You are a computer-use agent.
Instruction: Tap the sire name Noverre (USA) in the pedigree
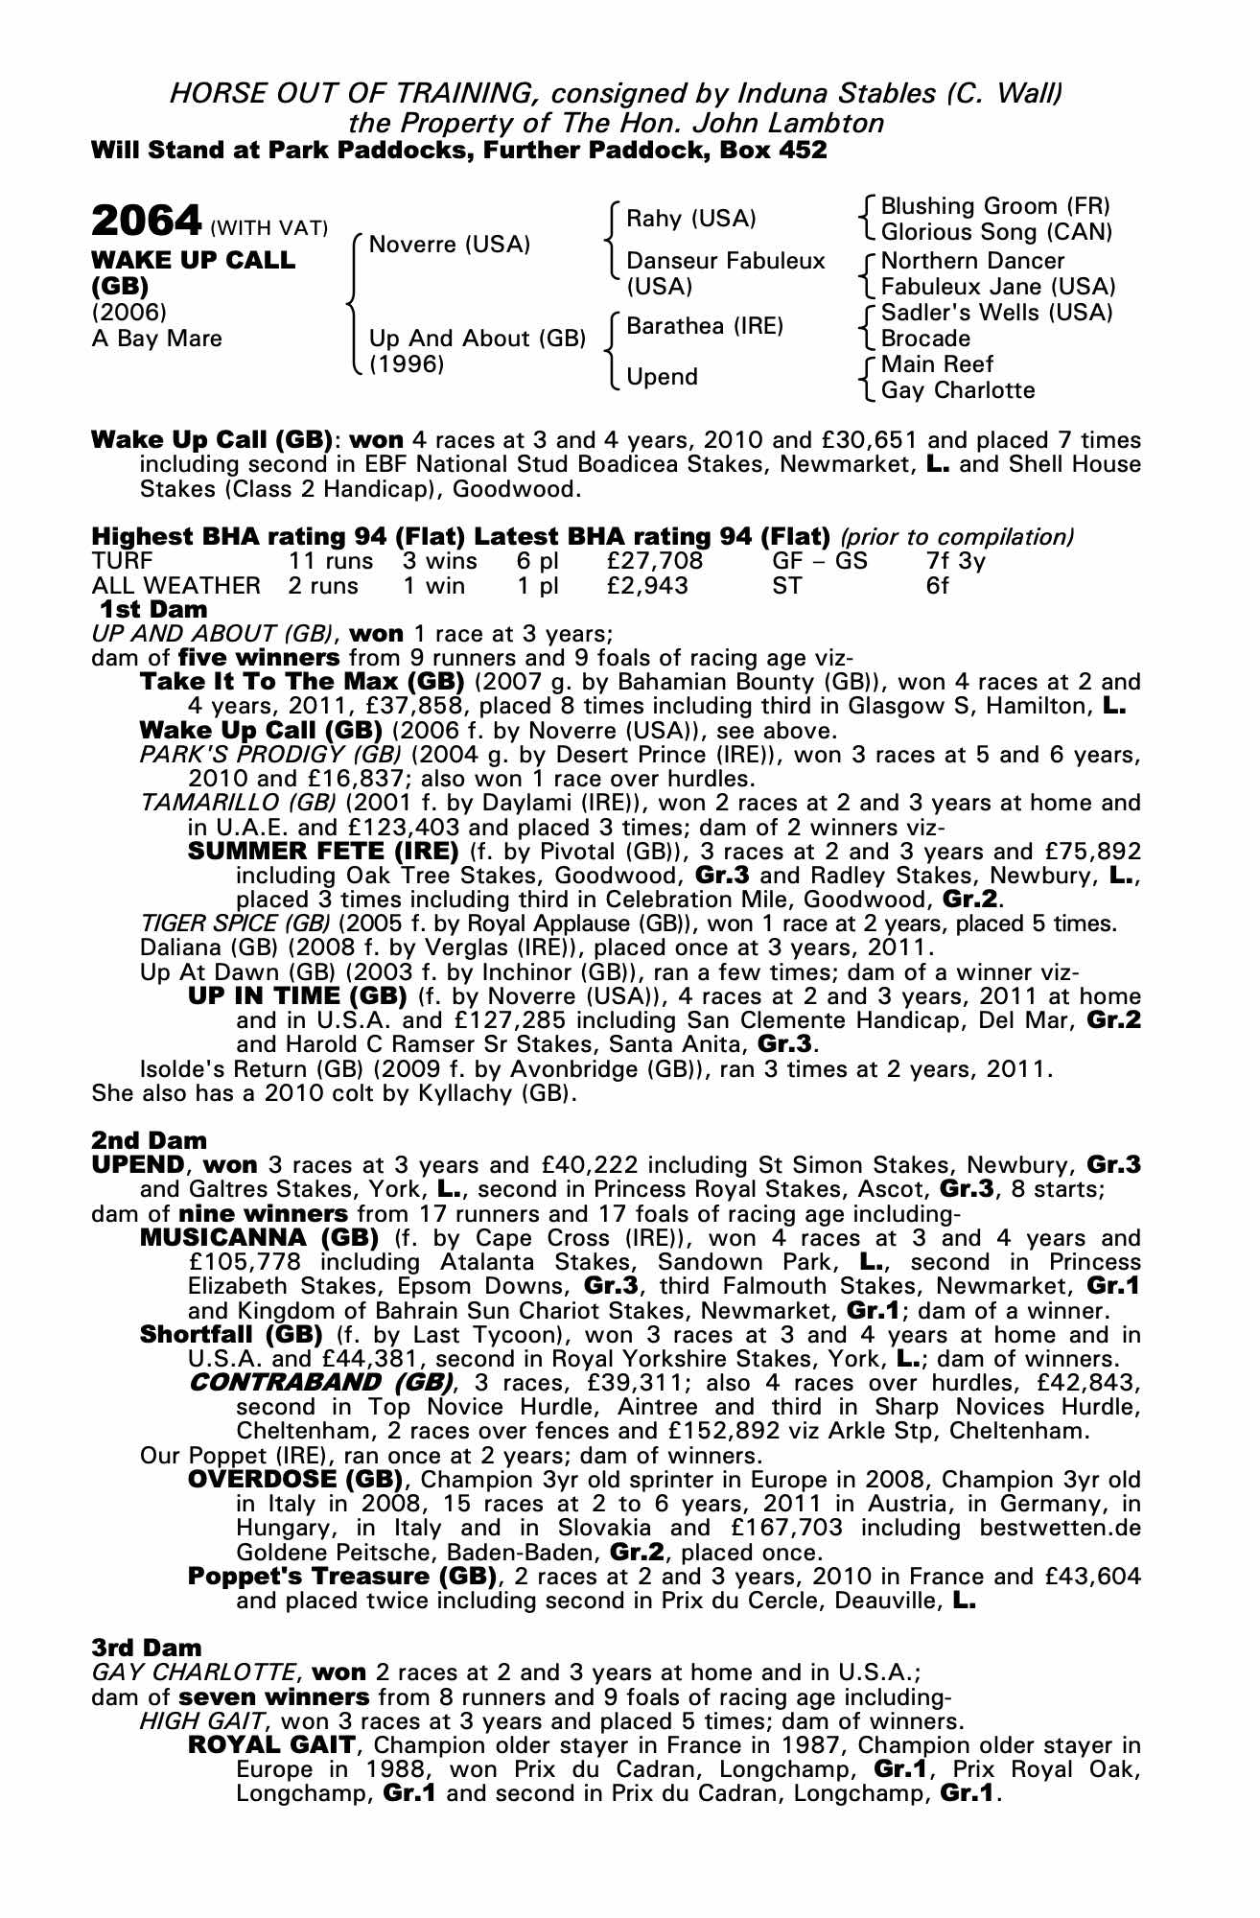(x=449, y=245)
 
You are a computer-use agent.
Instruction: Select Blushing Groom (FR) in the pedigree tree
(x=994, y=207)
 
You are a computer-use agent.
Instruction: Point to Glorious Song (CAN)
(x=996, y=233)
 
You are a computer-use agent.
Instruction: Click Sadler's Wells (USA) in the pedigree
(x=996, y=313)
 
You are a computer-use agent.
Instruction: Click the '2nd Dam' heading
(x=149, y=1140)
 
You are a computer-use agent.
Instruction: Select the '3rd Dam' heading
(x=147, y=1648)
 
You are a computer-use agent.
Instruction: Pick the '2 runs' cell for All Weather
(x=323, y=586)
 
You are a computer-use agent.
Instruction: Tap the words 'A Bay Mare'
(x=156, y=339)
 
